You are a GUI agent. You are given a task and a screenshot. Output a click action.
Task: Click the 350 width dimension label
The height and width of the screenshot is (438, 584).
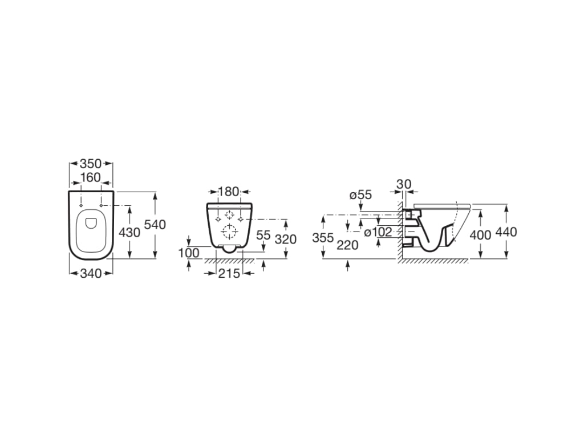point(91,164)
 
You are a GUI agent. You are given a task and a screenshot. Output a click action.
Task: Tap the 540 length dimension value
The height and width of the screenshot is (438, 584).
point(155,225)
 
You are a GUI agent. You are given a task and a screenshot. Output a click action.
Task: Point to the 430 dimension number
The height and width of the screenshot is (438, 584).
point(130,233)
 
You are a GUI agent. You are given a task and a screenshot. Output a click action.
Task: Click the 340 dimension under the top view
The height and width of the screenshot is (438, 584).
point(91,274)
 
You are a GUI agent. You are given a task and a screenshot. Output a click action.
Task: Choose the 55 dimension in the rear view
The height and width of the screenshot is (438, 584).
point(263,235)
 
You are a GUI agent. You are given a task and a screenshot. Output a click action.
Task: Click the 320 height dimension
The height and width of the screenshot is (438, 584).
point(285,239)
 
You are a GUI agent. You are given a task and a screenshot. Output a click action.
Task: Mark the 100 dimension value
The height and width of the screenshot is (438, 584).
point(189,252)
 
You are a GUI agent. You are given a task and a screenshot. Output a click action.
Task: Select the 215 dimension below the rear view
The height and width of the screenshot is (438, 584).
point(229,274)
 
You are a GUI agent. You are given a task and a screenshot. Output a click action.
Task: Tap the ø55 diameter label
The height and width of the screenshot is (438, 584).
point(360,195)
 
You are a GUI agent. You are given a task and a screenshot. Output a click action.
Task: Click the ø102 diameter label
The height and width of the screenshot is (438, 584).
point(378,233)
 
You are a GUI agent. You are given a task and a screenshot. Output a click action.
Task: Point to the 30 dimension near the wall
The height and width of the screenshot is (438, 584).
point(404,184)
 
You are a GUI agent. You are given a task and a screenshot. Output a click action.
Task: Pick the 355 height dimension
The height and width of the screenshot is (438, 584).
point(323,238)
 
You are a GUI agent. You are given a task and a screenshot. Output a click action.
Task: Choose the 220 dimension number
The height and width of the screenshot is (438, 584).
point(348,245)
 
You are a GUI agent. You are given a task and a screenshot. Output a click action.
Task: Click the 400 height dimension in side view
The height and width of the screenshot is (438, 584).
point(480,235)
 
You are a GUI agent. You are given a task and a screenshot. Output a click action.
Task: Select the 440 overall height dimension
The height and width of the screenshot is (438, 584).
point(506,232)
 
